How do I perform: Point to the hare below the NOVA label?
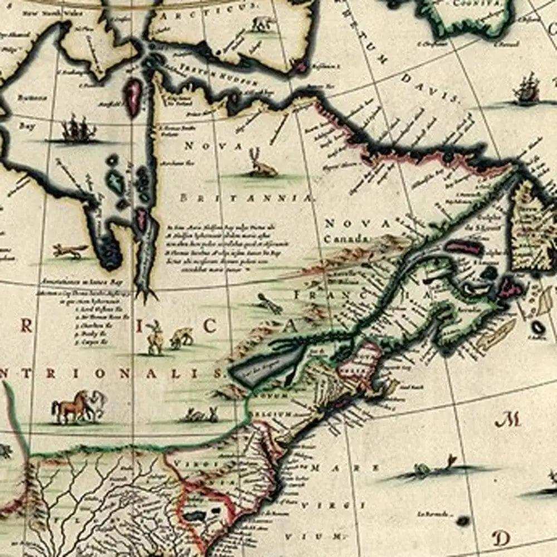pyautogui.click(x=261, y=163)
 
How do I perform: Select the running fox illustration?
pyautogui.click(x=71, y=250)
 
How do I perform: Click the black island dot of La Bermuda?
pyautogui.click(x=462, y=521)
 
